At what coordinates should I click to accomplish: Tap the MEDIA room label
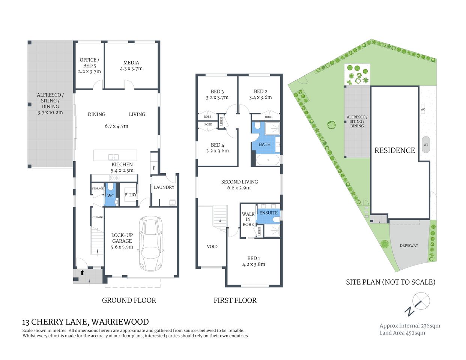coord(131,63)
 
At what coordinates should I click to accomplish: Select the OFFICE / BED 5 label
coord(89,63)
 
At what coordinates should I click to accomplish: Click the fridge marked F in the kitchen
coord(154,168)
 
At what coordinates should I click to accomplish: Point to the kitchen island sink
coord(113,157)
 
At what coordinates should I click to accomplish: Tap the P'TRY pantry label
coord(131,195)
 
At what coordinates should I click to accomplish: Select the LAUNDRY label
coord(164,187)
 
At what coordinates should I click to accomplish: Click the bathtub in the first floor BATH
coord(268,160)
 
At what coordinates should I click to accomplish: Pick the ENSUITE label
coord(268,213)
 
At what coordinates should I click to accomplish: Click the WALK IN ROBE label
coord(248,219)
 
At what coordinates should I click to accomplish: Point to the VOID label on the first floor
coord(212,246)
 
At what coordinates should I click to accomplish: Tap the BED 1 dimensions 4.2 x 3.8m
coord(254,264)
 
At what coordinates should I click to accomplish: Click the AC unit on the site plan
coord(423,109)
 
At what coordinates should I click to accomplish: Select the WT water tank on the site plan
coord(426,145)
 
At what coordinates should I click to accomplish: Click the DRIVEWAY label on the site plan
coord(409,245)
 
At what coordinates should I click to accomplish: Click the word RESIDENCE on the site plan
coord(394,150)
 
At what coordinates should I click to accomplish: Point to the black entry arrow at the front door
coord(82,273)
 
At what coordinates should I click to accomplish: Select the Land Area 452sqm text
coord(402,333)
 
